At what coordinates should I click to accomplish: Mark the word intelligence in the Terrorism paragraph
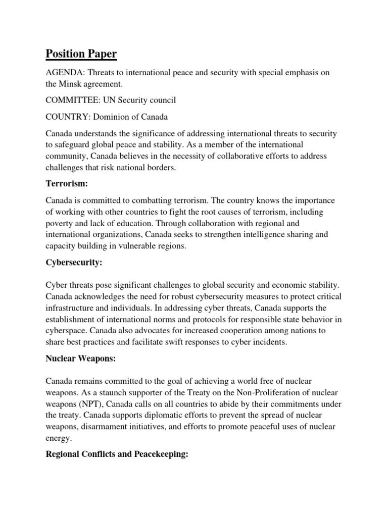click(261, 234)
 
